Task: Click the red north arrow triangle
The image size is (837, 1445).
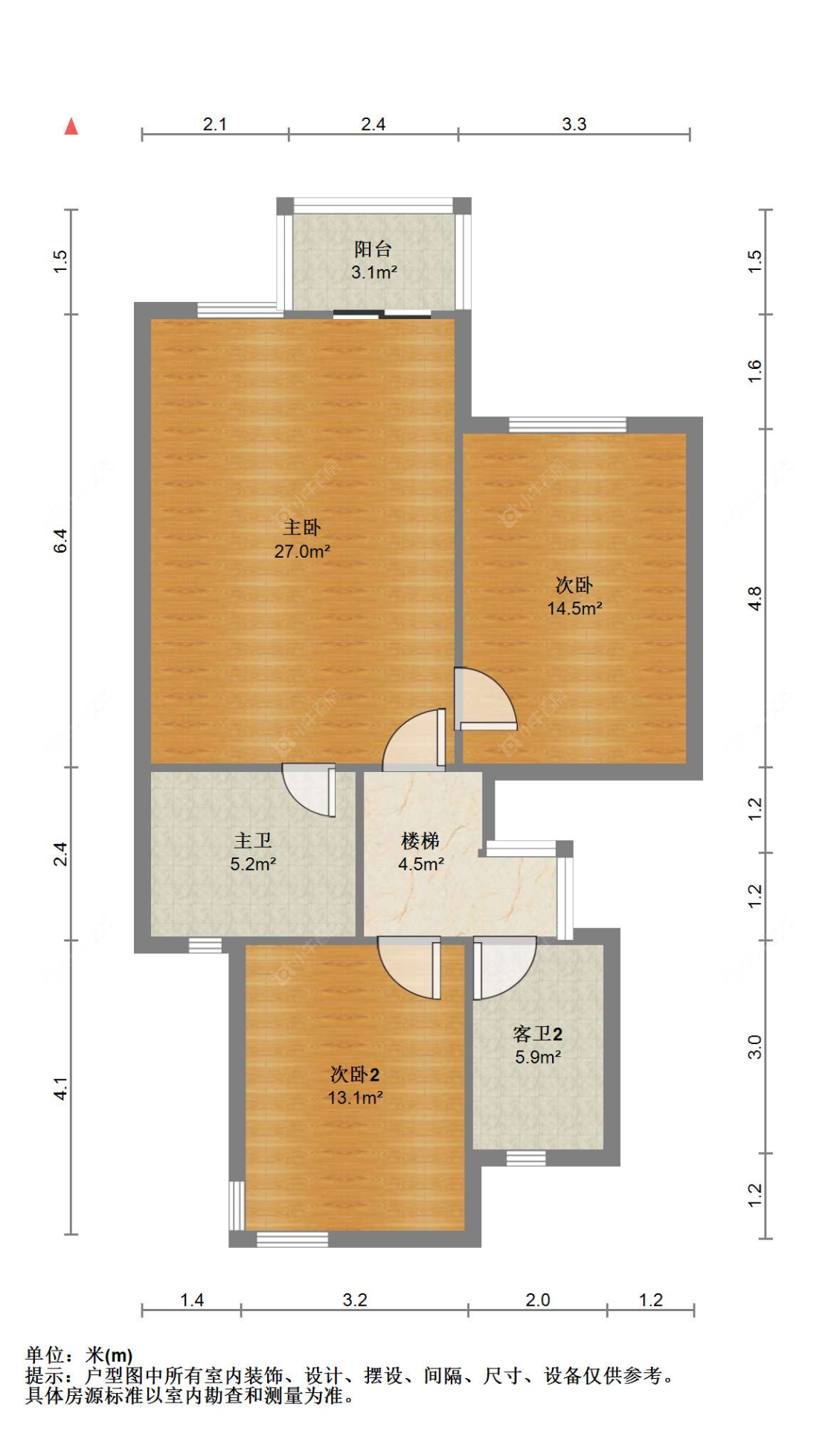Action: point(71,126)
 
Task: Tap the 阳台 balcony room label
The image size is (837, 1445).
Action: point(373,248)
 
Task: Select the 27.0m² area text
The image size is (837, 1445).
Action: point(302,551)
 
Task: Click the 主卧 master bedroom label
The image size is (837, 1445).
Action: point(302,527)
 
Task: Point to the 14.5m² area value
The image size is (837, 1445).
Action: point(575,608)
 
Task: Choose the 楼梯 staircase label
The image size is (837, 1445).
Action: point(420,841)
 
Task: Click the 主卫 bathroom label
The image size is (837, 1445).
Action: point(253,840)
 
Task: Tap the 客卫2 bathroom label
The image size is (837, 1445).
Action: point(537,1034)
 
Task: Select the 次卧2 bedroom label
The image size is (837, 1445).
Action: point(355,1075)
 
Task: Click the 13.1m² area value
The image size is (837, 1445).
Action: point(355,1098)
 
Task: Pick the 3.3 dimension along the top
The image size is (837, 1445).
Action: point(574,124)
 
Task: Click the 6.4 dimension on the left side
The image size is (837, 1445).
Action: point(60,541)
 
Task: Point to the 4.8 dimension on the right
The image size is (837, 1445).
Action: point(754,599)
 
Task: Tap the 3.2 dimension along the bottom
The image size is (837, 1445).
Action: point(355,1300)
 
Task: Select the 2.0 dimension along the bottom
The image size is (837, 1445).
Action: point(537,1300)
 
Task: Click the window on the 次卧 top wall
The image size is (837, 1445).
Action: point(568,425)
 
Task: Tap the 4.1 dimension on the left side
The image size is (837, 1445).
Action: point(60,1089)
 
